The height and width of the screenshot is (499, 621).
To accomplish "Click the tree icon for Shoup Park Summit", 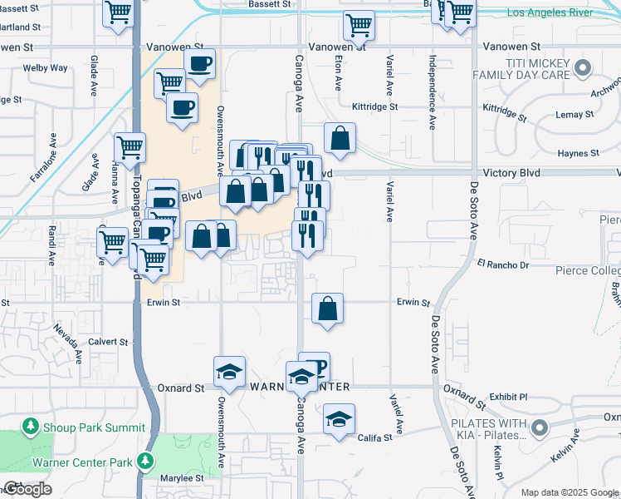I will [x=31, y=427].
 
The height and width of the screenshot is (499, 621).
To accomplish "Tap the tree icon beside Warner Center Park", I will [x=146, y=461].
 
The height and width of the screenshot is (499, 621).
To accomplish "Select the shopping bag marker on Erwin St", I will [x=328, y=309].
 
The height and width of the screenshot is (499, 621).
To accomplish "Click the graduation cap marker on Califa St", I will [x=339, y=420].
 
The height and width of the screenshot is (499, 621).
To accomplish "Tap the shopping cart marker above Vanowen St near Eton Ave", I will [x=358, y=25].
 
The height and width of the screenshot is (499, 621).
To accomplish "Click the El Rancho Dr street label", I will [x=502, y=265].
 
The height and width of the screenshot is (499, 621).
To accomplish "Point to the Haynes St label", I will [x=578, y=153].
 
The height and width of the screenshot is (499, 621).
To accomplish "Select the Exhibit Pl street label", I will [x=508, y=398].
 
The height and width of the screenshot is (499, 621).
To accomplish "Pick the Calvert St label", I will [x=110, y=341].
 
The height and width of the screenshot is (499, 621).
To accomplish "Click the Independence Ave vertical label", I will [x=432, y=91].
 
